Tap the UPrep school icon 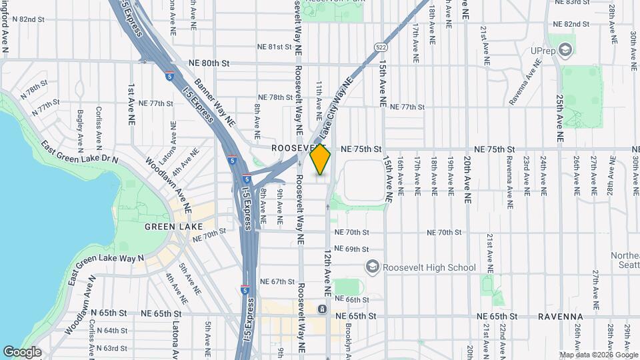(x=565, y=49)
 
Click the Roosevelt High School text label (x=429, y=267)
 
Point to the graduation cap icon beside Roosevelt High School (x=372, y=267)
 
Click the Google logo (x=22, y=351)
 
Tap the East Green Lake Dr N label (x=79, y=152)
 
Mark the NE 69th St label (x=352, y=249)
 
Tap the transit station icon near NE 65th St (x=322, y=309)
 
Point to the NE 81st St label (x=275, y=47)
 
